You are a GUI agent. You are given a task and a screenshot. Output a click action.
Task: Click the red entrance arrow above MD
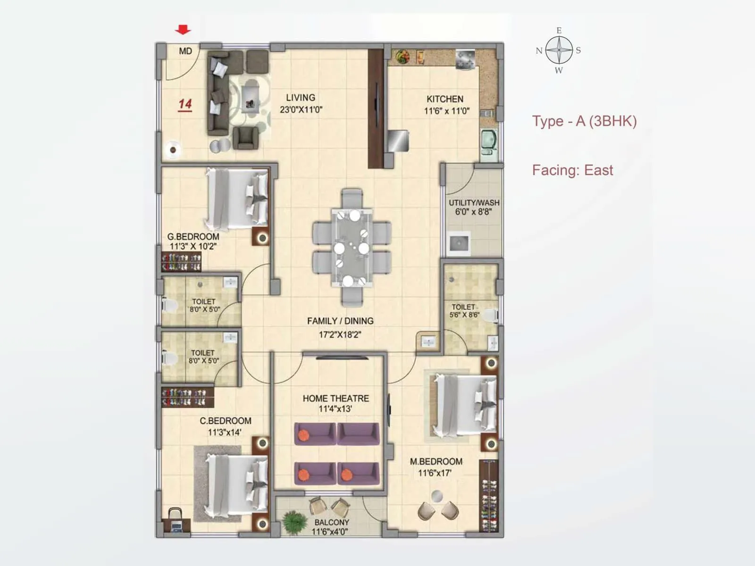tap(183, 30)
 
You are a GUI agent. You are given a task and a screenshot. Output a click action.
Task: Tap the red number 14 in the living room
tap(185, 104)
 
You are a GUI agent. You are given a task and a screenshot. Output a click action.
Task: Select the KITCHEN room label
tap(445, 99)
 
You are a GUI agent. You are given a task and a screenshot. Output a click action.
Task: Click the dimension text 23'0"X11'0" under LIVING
tap(301, 110)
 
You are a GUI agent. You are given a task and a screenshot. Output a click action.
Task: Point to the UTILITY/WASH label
tap(474, 203)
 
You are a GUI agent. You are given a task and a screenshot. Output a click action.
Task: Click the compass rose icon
tap(559, 50)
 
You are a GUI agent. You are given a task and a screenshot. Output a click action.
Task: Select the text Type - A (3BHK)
tap(584, 121)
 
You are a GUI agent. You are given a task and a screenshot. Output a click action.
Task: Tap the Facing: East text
tap(572, 170)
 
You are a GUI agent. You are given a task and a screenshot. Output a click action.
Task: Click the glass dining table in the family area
tap(352, 248)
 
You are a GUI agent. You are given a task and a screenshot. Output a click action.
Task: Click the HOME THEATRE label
tap(336, 399)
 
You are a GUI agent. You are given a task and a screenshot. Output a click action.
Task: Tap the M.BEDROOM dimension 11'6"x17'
tap(435, 473)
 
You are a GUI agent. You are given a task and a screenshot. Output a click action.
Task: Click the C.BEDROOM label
tap(225, 421)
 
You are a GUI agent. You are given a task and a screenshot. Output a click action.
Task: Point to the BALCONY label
tap(332, 523)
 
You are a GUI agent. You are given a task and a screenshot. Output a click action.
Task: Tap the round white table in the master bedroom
tap(437, 496)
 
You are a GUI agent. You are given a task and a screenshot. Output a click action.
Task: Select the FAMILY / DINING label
tap(340, 321)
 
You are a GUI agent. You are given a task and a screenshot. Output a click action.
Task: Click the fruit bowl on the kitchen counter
tap(403, 56)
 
